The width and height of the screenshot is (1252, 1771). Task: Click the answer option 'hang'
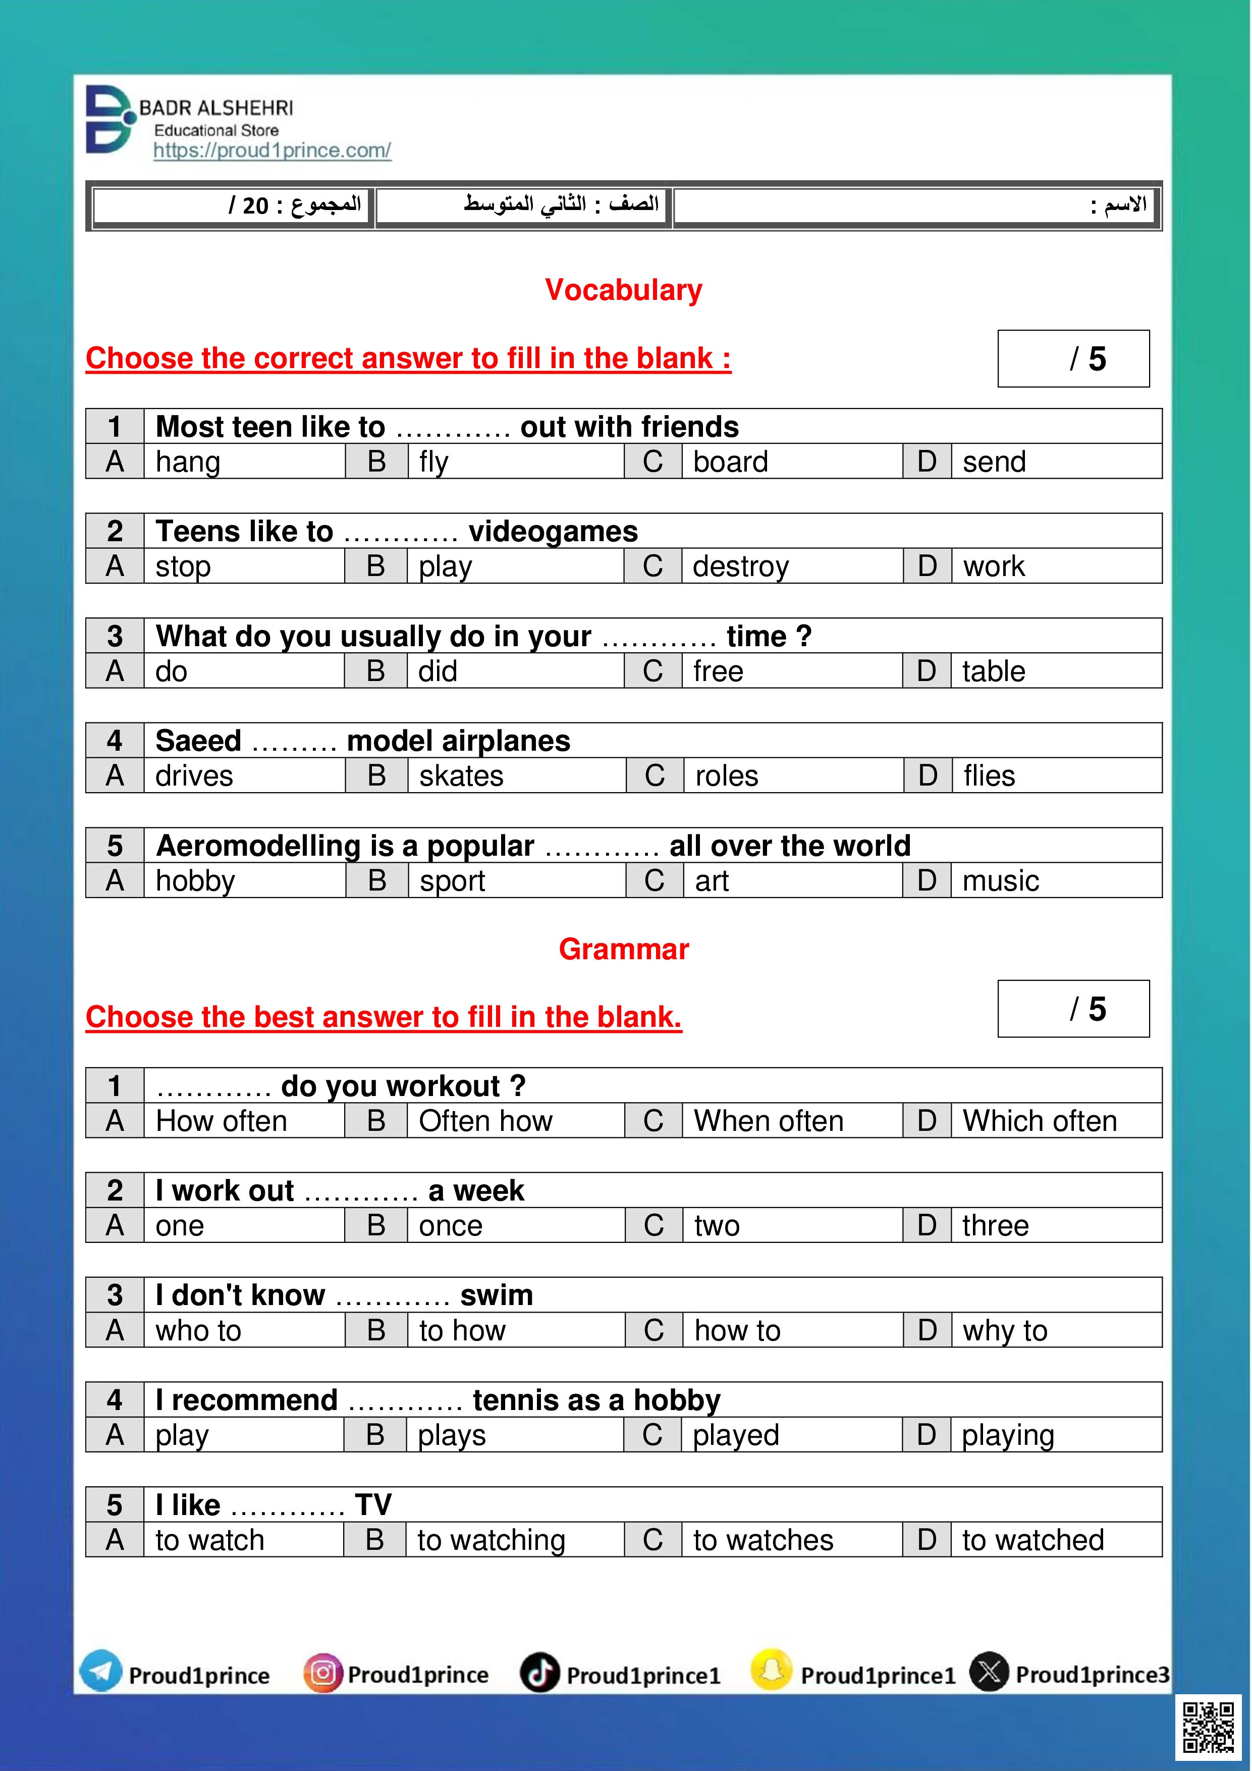[x=188, y=462]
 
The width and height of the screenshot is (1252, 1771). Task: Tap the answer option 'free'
[x=718, y=671]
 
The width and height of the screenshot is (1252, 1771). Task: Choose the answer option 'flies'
[x=989, y=776]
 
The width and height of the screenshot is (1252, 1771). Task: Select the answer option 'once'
[x=450, y=1226]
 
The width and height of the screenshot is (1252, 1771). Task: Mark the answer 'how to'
[x=737, y=1331]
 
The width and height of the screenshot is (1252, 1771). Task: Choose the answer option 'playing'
[x=1008, y=1435]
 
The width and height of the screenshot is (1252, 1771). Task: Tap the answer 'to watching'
[x=491, y=1540]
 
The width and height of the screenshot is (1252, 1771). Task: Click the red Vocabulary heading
[x=624, y=290]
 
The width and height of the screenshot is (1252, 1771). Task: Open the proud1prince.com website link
[x=272, y=150]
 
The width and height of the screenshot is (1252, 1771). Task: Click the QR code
[x=1208, y=1728]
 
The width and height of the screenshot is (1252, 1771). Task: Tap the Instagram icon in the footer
[x=322, y=1673]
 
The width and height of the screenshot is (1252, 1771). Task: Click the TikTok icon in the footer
[x=539, y=1673]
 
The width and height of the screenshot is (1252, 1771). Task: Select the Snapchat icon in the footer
[x=771, y=1672]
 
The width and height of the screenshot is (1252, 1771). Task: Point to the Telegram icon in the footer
[x=101, y=1672]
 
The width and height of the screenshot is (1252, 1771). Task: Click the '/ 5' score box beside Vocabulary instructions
[x=1073, y=358]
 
